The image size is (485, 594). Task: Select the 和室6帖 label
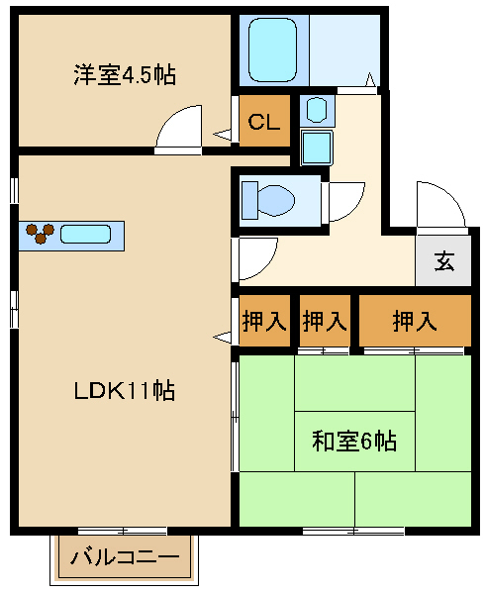[354, 442]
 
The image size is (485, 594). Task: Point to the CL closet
[263, 123]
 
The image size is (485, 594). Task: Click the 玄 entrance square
[443, 262]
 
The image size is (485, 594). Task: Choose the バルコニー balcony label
[125, 559]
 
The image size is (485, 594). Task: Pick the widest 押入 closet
[414, 321]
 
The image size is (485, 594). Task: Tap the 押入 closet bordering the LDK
[263, 321]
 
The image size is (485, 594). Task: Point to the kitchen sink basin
[85, 235]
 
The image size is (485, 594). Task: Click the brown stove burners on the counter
[40, 233]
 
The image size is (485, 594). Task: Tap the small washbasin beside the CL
[315, 108]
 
